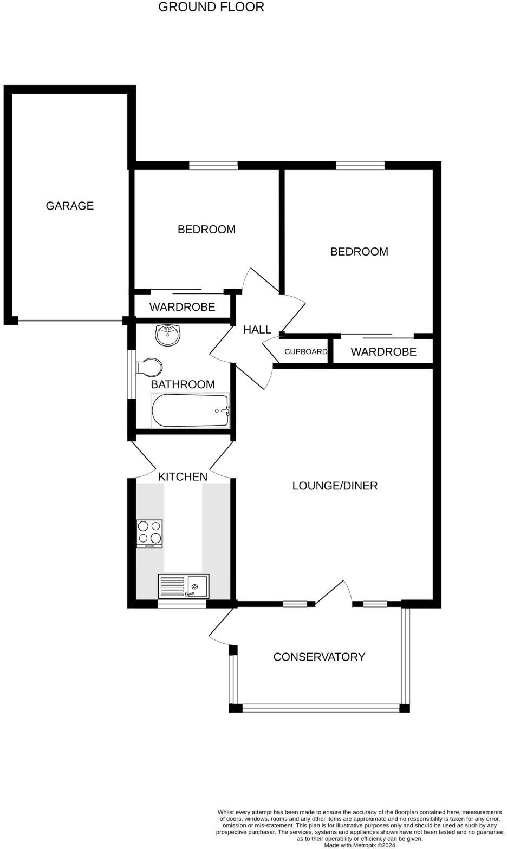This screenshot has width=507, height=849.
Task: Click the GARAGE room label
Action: point(69,206)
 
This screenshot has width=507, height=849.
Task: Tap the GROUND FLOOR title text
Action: point(211,7)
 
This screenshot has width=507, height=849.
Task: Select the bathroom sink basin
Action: point(167,335)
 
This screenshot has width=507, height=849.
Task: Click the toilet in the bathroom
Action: point(149,368)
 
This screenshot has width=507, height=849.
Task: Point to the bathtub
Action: point(190,411)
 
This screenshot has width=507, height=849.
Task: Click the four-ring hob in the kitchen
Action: point(149,533)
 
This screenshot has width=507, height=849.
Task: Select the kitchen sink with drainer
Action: point(184,586)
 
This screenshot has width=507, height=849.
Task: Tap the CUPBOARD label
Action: point(305,352)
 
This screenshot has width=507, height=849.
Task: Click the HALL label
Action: point(257,330)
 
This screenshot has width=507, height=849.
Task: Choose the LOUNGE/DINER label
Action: point(335,486)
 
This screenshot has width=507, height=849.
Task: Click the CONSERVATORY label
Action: point(319,657)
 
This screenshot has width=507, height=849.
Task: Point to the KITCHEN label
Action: point(183,476)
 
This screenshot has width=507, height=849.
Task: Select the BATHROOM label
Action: point(183,384)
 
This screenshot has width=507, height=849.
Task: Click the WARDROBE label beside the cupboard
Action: point(383,352)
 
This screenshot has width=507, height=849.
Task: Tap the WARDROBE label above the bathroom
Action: point(182,307)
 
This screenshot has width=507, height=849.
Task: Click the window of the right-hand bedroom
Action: point(360,166)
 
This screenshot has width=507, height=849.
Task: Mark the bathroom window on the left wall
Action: point(131,374)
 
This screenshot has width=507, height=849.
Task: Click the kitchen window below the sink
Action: point(182,604)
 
